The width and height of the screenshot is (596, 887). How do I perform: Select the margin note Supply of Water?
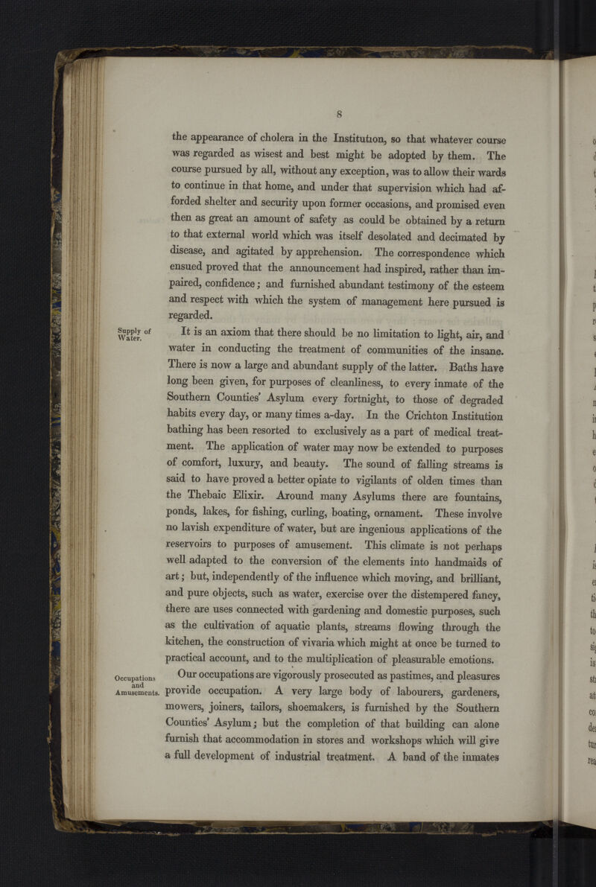click(133, 334)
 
